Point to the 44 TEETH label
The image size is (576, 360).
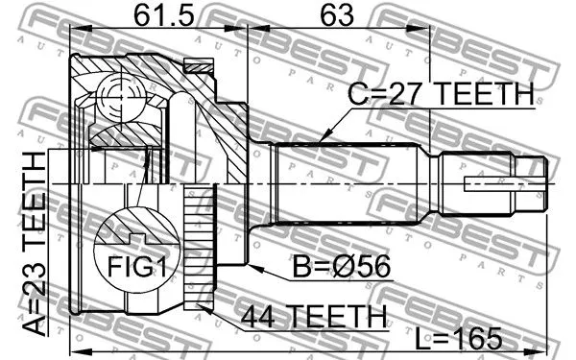(313, 315)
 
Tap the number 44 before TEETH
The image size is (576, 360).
(260, 315)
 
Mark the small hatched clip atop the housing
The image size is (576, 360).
(200, 66)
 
